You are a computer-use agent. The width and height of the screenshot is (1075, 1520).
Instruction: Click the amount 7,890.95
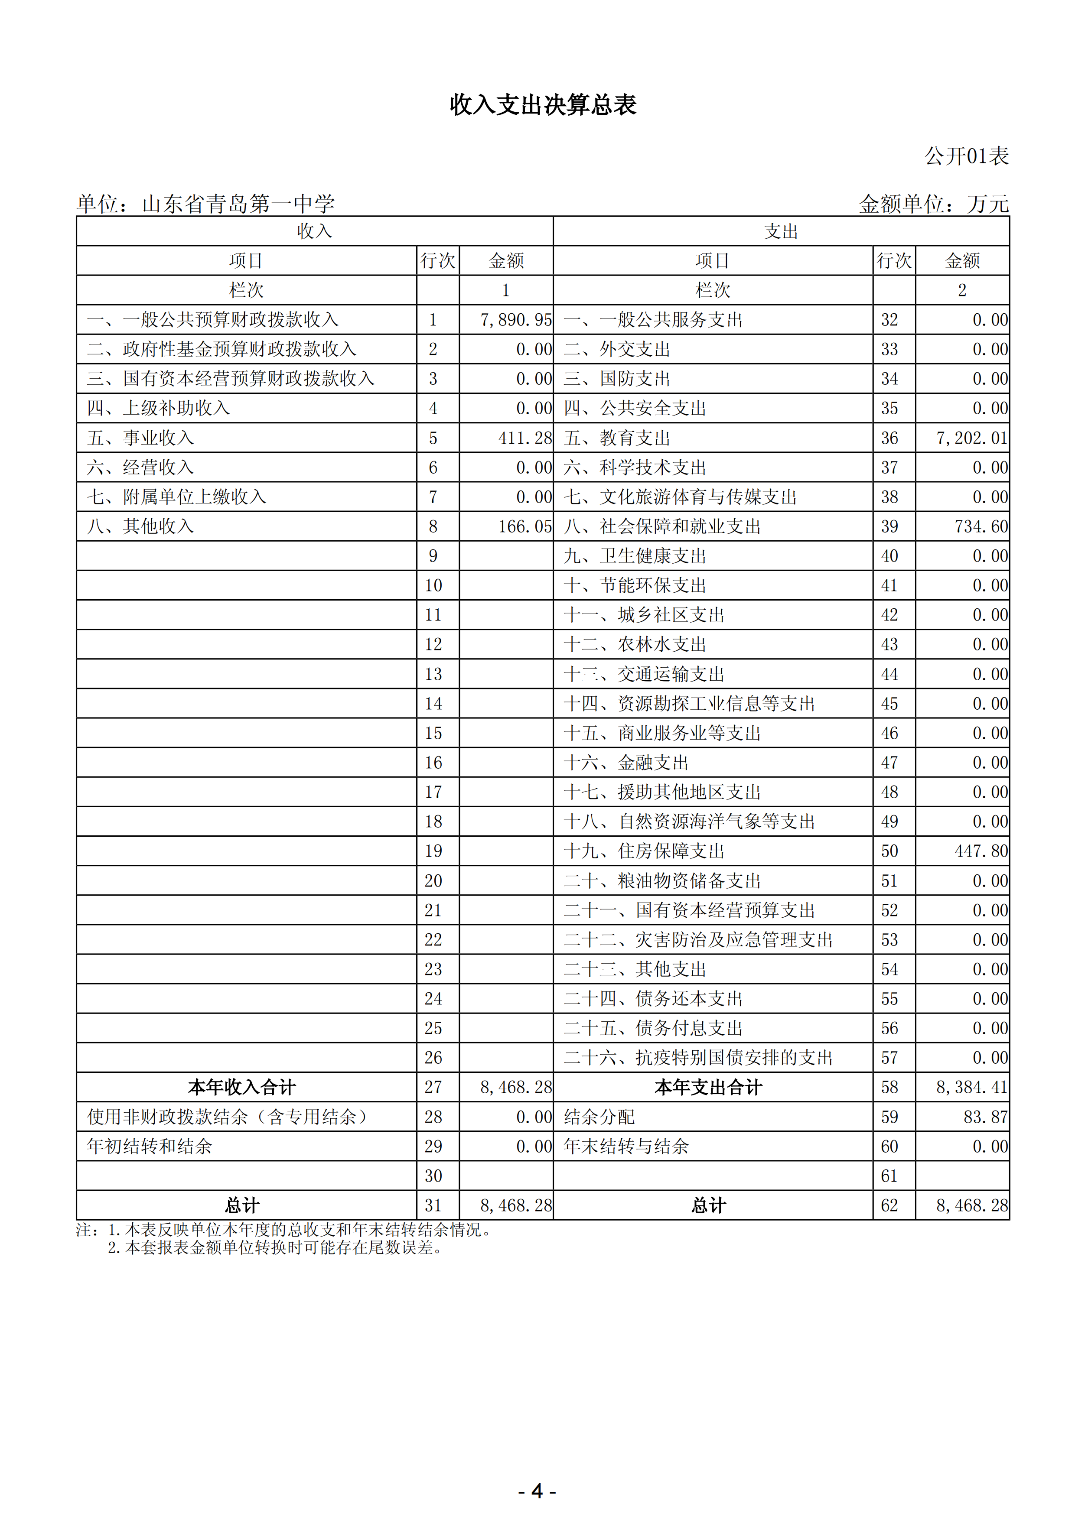(515, 320)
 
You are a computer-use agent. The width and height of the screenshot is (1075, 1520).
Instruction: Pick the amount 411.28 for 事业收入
(524, 438)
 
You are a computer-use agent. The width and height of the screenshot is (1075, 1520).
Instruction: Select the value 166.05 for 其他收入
(524, 526)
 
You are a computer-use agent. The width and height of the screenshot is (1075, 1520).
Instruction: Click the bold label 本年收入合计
(242, 1087)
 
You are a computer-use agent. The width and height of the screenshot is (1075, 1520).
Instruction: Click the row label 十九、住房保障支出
(644, 851)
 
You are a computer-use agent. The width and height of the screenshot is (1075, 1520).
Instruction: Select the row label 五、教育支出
(617, 438)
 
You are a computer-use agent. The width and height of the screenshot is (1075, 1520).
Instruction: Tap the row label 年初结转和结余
(150, 1146)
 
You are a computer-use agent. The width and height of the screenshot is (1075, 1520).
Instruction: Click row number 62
(889, 1205)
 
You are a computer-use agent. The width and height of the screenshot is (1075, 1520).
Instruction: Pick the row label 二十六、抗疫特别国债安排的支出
(698, 1057)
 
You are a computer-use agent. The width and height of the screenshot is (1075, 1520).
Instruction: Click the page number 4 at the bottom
(537, 1491)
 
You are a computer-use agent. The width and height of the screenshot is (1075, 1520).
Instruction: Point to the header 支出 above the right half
(781, 231)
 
